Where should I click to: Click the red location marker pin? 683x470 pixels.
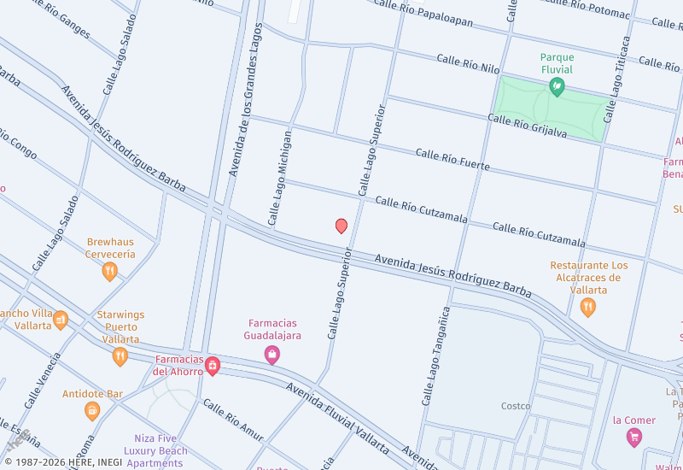pos(341,226)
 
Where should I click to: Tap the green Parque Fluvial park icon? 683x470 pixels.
pos(557,85)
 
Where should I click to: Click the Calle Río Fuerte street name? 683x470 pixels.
pos(452,159)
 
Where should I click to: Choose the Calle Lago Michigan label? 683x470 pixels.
pos(280,178)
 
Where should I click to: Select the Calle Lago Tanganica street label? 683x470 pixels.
pos(434,355)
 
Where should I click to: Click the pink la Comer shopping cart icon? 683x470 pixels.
pos(633,438)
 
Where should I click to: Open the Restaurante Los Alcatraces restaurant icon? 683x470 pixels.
pos(587,308)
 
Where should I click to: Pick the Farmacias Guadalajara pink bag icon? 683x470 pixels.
pos(272,355)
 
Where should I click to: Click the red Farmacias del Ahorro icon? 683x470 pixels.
pos(213,367)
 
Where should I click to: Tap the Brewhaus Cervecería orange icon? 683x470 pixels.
pos(109,272)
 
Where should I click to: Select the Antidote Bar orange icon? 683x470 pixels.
pos(92,411)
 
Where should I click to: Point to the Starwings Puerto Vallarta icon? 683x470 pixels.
pos(120,356)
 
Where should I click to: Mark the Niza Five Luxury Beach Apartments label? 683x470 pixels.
pos(155,450)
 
